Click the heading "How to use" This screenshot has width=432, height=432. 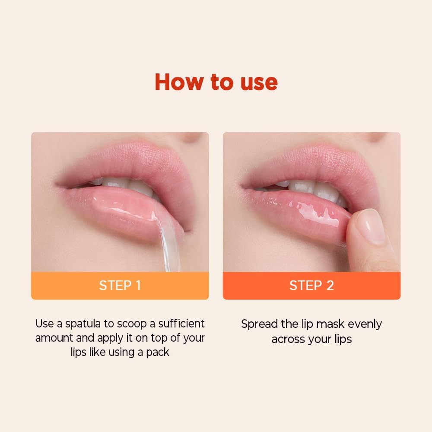click(216, 82)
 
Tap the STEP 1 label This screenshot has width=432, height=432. click(120, 286)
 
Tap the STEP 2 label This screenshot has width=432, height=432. click(311, 286)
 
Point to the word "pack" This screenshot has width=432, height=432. click(157, 352)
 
